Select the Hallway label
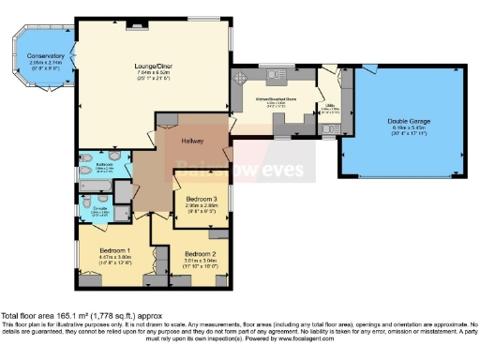[194, 140]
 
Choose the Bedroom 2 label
[200, 254]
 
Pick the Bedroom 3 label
[202, 200]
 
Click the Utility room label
[330, 106]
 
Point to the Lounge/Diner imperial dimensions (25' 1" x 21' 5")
[153, 78]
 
